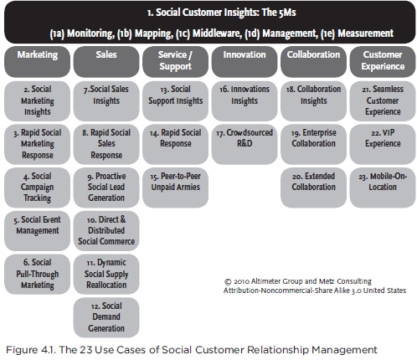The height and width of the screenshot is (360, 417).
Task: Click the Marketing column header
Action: pyautogui.click(x=37, y=62)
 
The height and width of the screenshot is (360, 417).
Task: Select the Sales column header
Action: pyautogui.click(x=106, y=62)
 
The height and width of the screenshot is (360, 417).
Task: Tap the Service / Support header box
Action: pyautogui.click(x=175, y=62)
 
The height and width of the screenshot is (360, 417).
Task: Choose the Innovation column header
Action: pyautogui.click(x=245, y=62)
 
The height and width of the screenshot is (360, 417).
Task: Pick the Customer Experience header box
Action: pyautogui.click(x=383, y=62)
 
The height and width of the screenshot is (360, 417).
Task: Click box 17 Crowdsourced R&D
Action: pyautogui.click(x=245, y=144)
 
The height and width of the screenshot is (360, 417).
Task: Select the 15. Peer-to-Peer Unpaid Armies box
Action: pyautogui.click(x=175, y=188)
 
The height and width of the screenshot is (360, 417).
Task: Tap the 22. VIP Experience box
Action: pyautogui.click(x=383, y=144)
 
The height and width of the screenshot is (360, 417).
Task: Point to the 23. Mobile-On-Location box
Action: pyautogui.click(x=383, y=188)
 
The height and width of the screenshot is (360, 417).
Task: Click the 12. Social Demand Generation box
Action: pyautogui.click(x=106, y=317)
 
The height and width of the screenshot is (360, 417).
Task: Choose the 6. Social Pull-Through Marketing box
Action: pyautogui.click(x=37, y=274)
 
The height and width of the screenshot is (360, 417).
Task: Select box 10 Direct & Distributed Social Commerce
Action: pyautogui.click(x=106, y=231)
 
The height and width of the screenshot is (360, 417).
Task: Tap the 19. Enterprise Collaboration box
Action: pyautogui.click(x=313, y=144)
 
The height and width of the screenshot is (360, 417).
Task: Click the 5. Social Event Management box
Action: pyautogui.click(x=37, y=231)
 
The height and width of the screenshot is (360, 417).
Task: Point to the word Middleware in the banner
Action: pyautogui.click(x=216, y=33)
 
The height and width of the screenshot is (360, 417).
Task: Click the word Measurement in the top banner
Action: pyautogui.click(x=365, y=33)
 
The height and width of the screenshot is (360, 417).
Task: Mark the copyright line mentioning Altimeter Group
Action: pyautogui.click(x=298, y=281)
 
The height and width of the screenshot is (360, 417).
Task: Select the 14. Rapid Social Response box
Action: pyautogui.click(x=175, y=144)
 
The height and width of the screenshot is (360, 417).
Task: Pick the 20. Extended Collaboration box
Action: pyautogui.click(x=313, y=188)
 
